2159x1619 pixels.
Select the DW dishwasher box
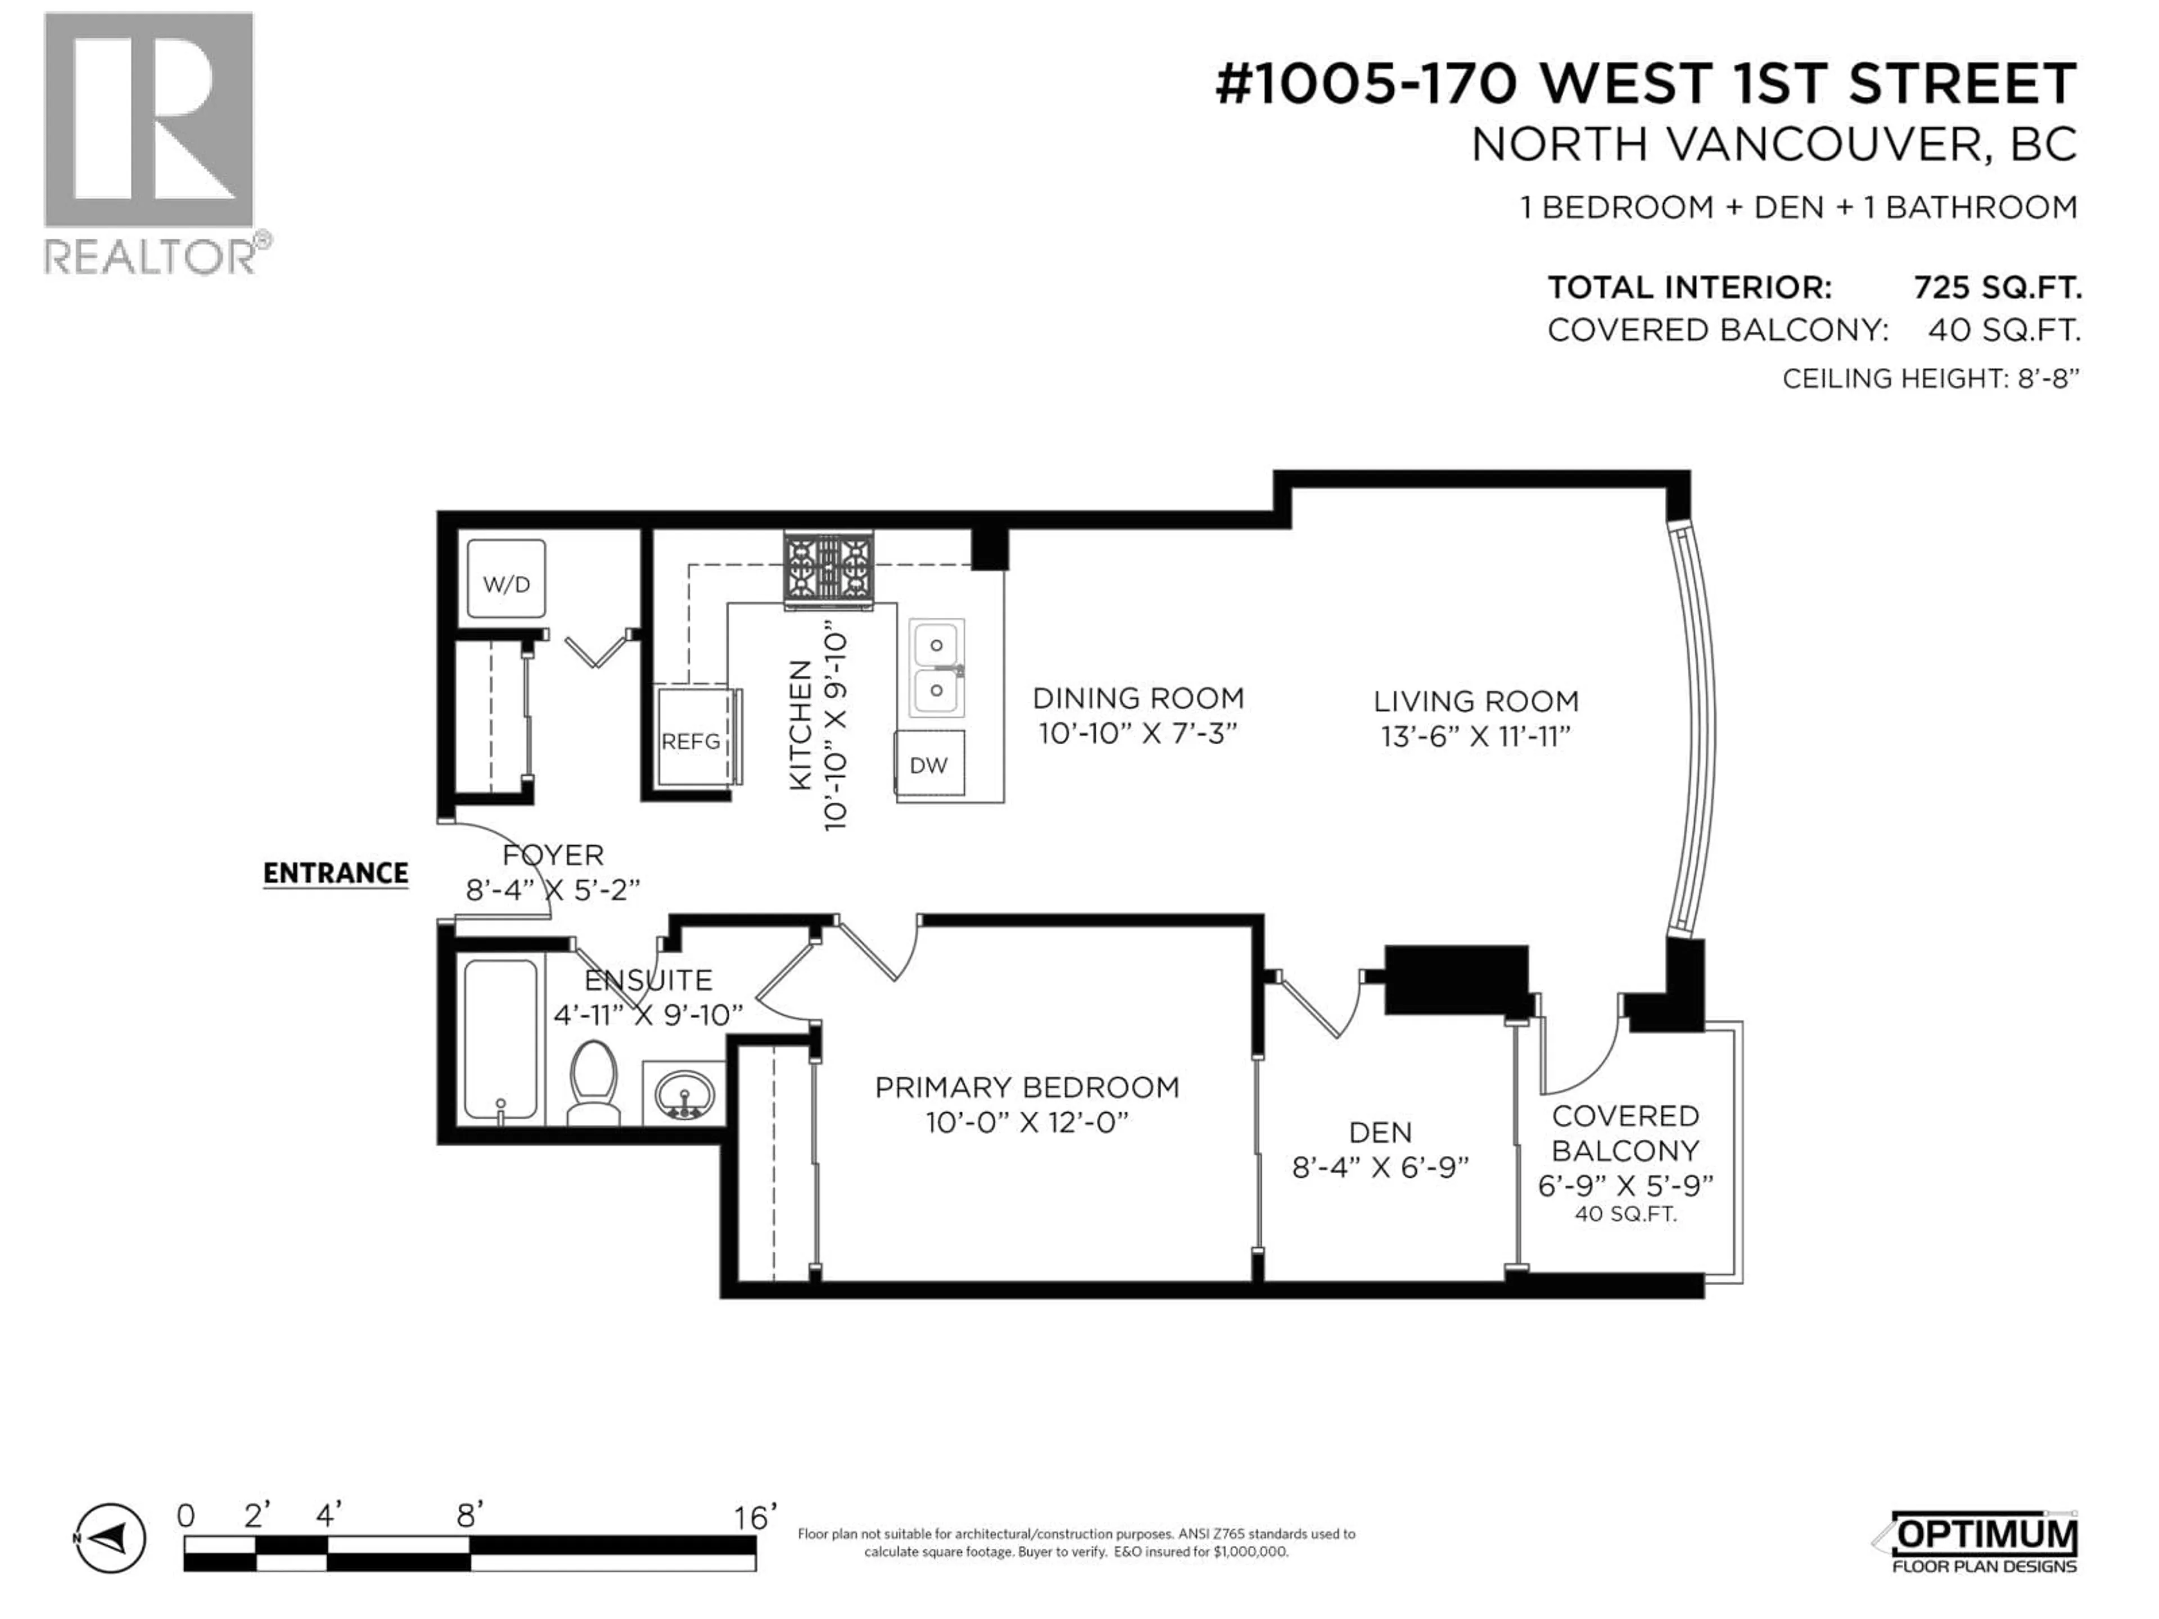click(929, 763)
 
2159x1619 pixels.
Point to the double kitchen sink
click(936, 667)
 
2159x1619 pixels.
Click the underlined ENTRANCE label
click(336, 874)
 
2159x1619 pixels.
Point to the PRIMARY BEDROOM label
click(1027, 1087)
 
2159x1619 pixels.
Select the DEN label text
click(1380, 1132)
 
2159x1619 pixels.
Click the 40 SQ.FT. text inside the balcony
click(1624, 1215)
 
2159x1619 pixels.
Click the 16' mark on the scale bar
click(753, 1517)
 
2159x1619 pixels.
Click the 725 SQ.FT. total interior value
click(1997, 288)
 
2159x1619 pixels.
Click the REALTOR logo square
click(148, 120)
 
